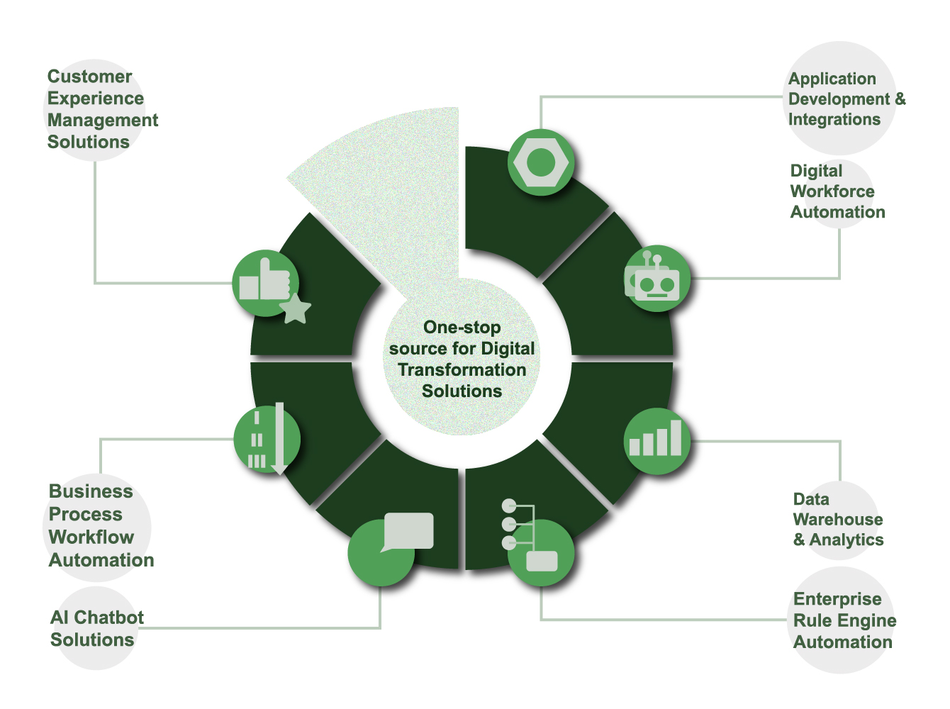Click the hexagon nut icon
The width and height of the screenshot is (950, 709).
[540, 162]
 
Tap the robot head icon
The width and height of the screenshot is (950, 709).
[656, 279]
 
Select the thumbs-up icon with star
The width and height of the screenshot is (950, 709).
[265, 283]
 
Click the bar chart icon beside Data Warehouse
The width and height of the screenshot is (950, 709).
[656, 441]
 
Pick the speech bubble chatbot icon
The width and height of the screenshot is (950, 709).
[390, 546]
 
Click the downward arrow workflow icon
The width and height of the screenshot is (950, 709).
[267, 440]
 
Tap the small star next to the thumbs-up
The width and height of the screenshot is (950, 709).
[296, 310]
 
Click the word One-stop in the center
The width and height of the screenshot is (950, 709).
[462, 328]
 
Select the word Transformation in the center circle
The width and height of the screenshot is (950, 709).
[462, 370]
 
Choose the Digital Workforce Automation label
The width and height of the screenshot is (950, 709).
[837, 191]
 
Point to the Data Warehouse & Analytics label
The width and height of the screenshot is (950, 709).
[837, 520]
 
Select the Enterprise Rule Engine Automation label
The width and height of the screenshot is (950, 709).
[844, 620]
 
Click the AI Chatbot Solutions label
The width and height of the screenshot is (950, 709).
[96, 628]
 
